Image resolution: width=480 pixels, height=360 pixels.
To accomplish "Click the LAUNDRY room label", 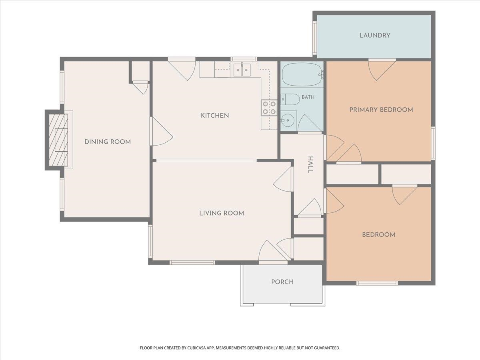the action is (375, 36).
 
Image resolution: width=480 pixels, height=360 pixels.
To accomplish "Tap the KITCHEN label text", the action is (215, 116).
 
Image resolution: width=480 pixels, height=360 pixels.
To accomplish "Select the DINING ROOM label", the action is (108, 142).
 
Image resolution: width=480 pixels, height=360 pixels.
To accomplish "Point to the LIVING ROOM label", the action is (222, 213).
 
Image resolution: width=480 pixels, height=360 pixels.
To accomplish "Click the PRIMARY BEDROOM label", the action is (381, 110).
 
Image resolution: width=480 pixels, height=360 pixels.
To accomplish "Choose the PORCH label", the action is (282, 282).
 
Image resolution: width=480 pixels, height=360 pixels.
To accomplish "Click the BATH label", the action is (308, 97).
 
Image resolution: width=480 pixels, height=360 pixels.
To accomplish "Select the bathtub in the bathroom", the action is (303, 74).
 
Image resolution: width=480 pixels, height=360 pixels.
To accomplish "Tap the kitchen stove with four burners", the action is (269, 108).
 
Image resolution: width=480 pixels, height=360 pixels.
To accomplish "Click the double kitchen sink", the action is (242, 70).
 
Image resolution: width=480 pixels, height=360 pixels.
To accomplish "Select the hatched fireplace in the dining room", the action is (58, 140).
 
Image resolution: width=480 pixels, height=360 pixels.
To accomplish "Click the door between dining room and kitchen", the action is (161, 131).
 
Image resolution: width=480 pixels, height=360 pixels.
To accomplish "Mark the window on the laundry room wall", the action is (315, 38).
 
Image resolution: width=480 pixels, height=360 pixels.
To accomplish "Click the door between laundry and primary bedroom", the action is (382, 70).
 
